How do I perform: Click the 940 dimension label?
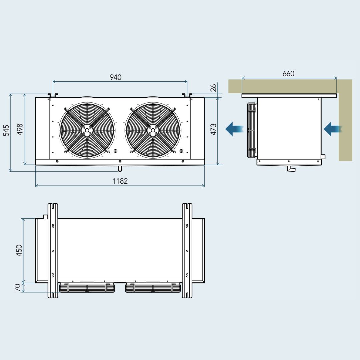pos(115,77)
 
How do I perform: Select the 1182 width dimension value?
pos(120,181)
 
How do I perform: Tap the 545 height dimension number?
pos(6,130)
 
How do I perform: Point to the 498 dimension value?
pos(20,129)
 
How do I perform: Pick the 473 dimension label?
pos(213,129)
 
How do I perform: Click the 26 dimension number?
pos(213,88)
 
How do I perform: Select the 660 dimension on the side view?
pos(288,73)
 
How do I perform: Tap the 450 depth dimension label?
pos(19,250)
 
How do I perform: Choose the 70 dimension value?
pos(17,288)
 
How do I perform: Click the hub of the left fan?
pos(87,130)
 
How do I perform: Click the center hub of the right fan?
pos(153,130)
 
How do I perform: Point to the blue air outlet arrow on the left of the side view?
pos(234,129)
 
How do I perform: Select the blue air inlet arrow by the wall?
pos(333,129)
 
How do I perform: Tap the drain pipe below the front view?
pos(120,168)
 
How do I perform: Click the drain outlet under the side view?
pos(291,169)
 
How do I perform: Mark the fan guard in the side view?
pos(252,130)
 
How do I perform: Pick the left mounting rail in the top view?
pos(53,251)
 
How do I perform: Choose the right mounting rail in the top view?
pos(187,251)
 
